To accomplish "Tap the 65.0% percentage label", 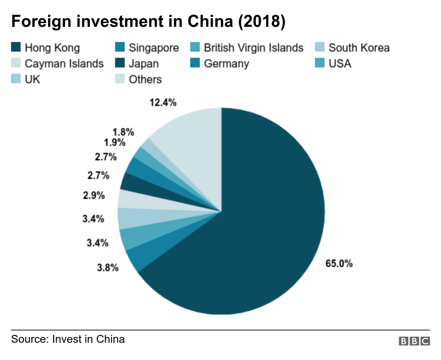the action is [339, 263].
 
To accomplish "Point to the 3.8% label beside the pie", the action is [108, 267].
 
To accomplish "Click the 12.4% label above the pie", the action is [163, 102].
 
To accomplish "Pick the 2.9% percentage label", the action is [94, 195].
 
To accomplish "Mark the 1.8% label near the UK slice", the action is [123, 132].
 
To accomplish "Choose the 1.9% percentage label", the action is [115, 142].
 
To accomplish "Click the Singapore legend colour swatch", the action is [120, 47].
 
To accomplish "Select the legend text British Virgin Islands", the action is [254, 47].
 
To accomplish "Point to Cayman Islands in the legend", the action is [64, 64].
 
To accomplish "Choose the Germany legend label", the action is [226, 64].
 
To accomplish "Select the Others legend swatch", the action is [120, 78].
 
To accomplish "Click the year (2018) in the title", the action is [262, 21].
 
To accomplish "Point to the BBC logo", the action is [414, 341].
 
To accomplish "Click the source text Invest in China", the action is [89, 339].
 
